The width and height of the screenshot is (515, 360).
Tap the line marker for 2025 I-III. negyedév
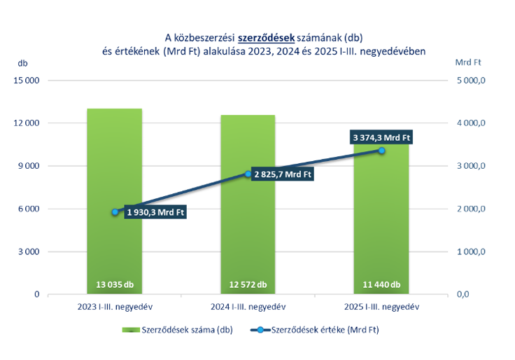point(382,151)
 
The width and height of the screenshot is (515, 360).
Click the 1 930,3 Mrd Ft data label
point(156,212)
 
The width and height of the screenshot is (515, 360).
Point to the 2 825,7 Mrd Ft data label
point(283,174)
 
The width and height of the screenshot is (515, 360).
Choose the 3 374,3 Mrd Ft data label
point(381,138)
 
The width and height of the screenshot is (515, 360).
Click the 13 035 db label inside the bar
point(115,284)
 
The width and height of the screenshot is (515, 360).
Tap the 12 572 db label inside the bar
point(248,284)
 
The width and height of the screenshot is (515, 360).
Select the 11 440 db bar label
point(381,284)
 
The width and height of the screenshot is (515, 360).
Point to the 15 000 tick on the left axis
point(26,81)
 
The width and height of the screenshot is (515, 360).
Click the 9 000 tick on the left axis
point(28,166)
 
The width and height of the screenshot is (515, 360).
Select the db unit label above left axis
point(23,62)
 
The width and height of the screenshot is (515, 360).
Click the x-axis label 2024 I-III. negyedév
point(248,307)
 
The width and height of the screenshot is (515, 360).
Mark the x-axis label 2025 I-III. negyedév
point(381,307)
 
